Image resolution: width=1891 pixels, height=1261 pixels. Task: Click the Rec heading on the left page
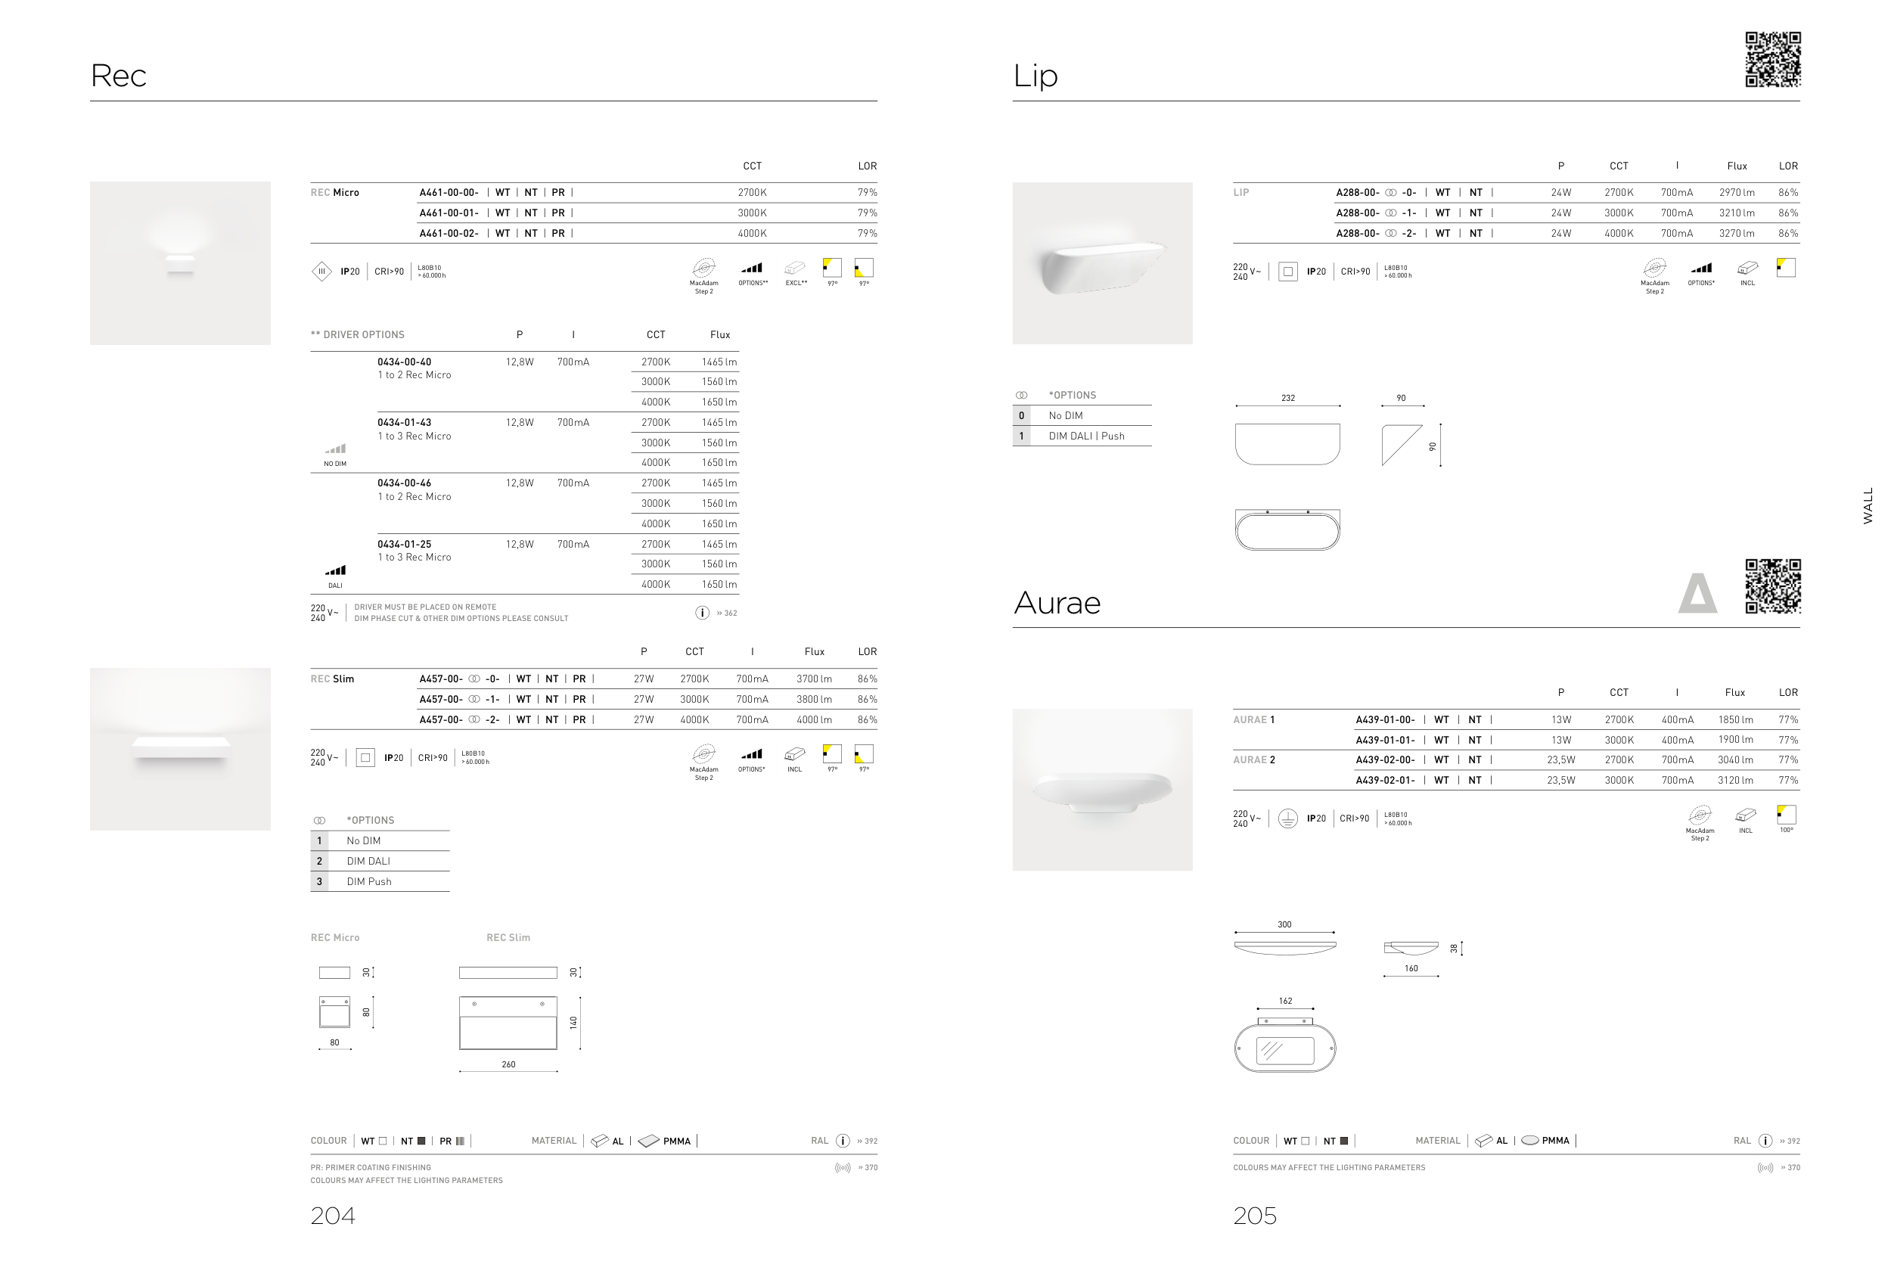click(118, 76)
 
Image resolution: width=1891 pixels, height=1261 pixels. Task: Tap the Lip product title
click(1035, 76)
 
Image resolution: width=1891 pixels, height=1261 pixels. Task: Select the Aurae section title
click(1057, 603)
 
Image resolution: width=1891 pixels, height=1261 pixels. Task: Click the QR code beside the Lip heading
click(1773, 60)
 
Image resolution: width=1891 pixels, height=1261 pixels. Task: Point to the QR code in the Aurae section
click(1773, 586)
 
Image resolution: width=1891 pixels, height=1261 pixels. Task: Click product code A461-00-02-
click(449, 233)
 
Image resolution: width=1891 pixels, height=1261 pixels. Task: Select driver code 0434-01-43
click(405, 422)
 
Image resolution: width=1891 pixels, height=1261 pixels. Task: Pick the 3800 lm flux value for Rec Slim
click(814, 700)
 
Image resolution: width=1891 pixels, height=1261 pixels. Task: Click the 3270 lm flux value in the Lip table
click(1737, 233)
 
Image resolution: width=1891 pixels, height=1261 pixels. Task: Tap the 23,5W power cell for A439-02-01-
click(1560, 781)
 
